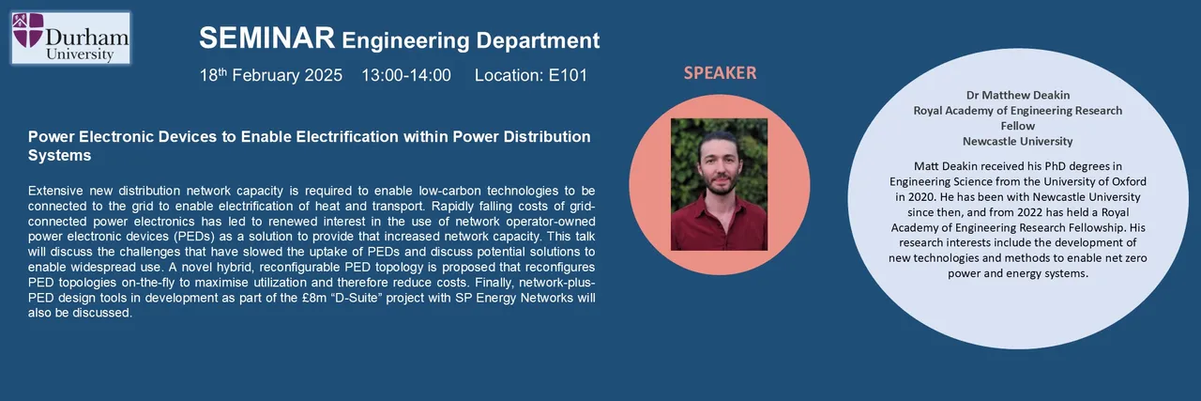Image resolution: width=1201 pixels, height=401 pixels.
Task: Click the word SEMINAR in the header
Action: (x=266, y=39)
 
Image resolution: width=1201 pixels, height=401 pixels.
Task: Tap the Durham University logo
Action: (x=70, y=39)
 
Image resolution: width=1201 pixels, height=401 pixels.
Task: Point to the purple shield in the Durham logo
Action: (x=28, y=31)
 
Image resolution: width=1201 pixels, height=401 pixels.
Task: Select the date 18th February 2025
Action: (x=271, y=75)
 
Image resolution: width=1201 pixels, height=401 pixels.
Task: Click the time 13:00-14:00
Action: (x=406, y=75)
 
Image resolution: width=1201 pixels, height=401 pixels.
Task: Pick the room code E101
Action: (x=568, y=75)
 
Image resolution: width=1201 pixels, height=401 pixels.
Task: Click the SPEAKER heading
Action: (x=720, y=73)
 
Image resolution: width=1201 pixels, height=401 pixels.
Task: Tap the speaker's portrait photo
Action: (x=719, y=184)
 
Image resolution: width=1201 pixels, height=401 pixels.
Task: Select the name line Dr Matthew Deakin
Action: (x=1018, y=95)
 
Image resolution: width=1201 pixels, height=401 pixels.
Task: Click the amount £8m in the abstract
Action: (x=314, y=298)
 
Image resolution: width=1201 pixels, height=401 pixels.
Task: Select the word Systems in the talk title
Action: (x=59, y=156)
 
